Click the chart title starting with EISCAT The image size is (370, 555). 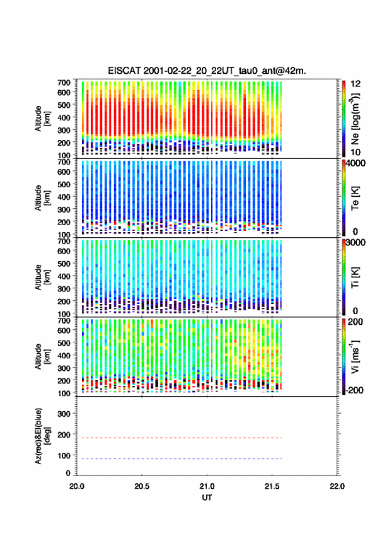(207, 71)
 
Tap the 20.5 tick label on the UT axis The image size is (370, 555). (141, 486)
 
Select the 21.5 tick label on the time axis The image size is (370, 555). (272, 486)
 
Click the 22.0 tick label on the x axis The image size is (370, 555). (337, 486)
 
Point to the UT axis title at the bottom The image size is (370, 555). (207, 498)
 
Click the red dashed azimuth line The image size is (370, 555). (179, 438)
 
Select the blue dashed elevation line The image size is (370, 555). (179, 459)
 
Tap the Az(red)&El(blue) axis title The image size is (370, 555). (42, 436)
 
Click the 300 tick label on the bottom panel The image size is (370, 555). (64, 414)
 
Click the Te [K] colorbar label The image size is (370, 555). (355, 198)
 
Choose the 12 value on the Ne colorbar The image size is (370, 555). (356, 84)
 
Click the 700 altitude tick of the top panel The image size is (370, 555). (64, 83)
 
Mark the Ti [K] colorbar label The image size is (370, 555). (355, 277)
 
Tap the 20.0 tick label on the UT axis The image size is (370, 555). (77, 486)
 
